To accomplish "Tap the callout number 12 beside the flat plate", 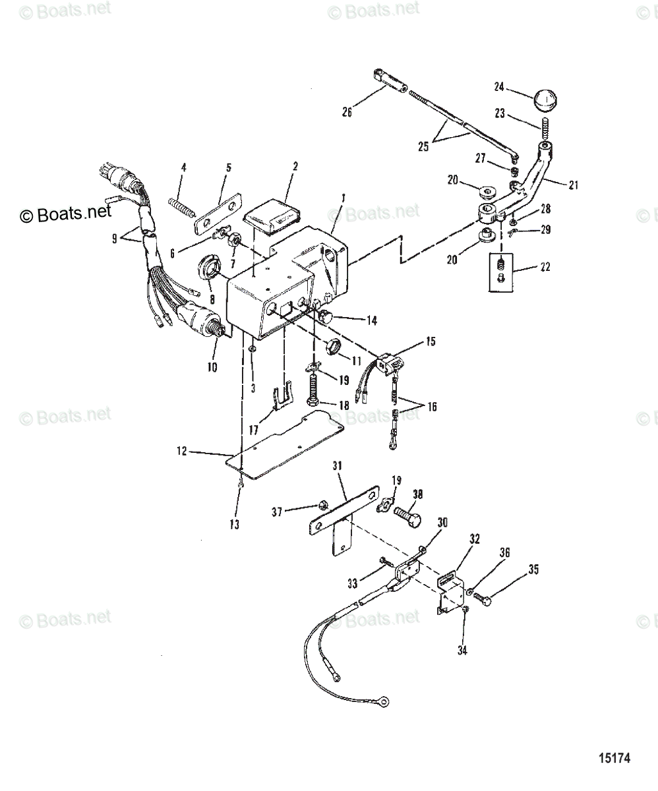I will coord(182,452).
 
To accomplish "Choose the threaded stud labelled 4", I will coord(182,205).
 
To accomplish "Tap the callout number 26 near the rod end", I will coord(347,111).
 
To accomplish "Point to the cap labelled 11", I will coord(336,345).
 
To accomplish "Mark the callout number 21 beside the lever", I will coord(572,185).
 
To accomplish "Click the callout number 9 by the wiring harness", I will coord(115,239).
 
